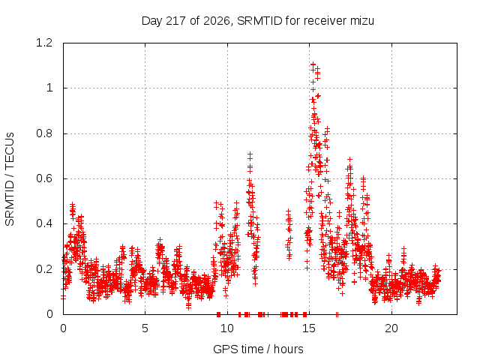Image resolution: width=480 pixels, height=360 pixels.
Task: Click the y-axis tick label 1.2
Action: coord(44,43)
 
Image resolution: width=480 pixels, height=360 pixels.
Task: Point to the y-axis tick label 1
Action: coord(49,88)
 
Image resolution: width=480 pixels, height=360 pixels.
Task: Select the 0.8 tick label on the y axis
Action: coord(44,133)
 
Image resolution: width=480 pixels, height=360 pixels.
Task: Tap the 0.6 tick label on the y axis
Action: coord(44,178)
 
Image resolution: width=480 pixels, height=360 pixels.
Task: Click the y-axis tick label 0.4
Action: coord(44,223)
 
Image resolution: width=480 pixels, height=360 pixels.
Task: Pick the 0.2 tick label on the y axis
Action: coord(44,269)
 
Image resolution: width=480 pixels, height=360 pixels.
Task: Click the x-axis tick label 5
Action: coord(145,328)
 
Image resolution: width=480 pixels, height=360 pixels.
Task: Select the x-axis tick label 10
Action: coord(227,328)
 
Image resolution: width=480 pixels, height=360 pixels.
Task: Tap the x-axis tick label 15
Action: coord(309,328)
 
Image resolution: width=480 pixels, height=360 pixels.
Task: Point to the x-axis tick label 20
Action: coord(391,328)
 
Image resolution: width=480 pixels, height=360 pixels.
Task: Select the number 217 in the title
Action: coord(176,21)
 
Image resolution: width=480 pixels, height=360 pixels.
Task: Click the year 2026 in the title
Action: coord(217,21)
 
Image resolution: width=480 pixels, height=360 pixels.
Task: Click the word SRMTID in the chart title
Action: coord(259,21)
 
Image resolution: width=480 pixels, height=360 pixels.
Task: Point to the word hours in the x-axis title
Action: coord(288,349)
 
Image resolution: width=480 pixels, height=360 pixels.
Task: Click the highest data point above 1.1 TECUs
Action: coord(313,64)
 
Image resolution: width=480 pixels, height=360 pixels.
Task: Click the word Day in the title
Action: coord(151,21)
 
